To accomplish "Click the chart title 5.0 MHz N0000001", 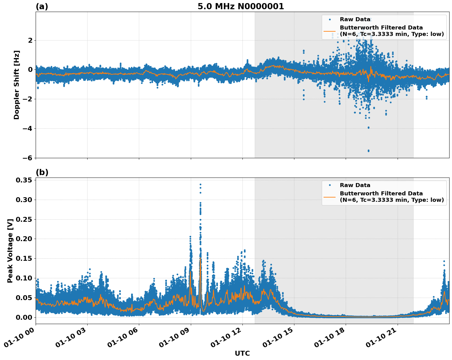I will (241, 6).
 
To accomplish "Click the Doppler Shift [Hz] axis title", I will (17, 85).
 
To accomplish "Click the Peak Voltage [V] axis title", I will (10, 251).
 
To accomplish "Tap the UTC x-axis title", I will (242, 353).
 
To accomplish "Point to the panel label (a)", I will (42, 6).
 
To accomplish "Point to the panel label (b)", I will (42, 172).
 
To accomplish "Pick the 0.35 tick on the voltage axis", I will (24, 180).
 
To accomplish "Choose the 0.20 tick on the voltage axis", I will (24, 239).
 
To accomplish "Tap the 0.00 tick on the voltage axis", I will (24, 317).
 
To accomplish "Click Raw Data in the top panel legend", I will (355, 19).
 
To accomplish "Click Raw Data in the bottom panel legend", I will (355, 185).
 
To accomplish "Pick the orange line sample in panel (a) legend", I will (329, 31).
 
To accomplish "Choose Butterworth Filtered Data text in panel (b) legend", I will (381, 194).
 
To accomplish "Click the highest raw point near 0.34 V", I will (200, 184).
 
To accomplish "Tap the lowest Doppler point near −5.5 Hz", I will (368, 151).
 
